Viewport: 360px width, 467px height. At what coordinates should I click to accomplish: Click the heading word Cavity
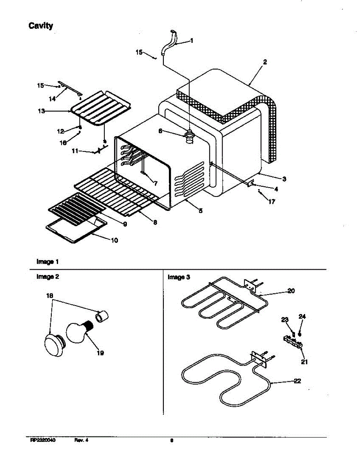[41, 26]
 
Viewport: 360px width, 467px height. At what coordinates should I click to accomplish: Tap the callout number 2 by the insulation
[265, 62]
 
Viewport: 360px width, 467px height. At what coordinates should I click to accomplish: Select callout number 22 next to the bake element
[297, 381]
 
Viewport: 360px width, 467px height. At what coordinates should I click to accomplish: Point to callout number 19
[100, 353]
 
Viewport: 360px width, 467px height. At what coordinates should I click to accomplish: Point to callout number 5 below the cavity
[200, 211]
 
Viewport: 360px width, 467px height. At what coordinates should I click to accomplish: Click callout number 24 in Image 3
[302, 317]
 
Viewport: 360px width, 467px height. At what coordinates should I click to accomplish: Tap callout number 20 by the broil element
[291, 290]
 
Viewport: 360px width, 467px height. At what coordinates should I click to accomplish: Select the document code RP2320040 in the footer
[42, 441]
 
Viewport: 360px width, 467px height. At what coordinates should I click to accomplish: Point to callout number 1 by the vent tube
[191, 40]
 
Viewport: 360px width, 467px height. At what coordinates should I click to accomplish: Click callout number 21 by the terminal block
[304, 362]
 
